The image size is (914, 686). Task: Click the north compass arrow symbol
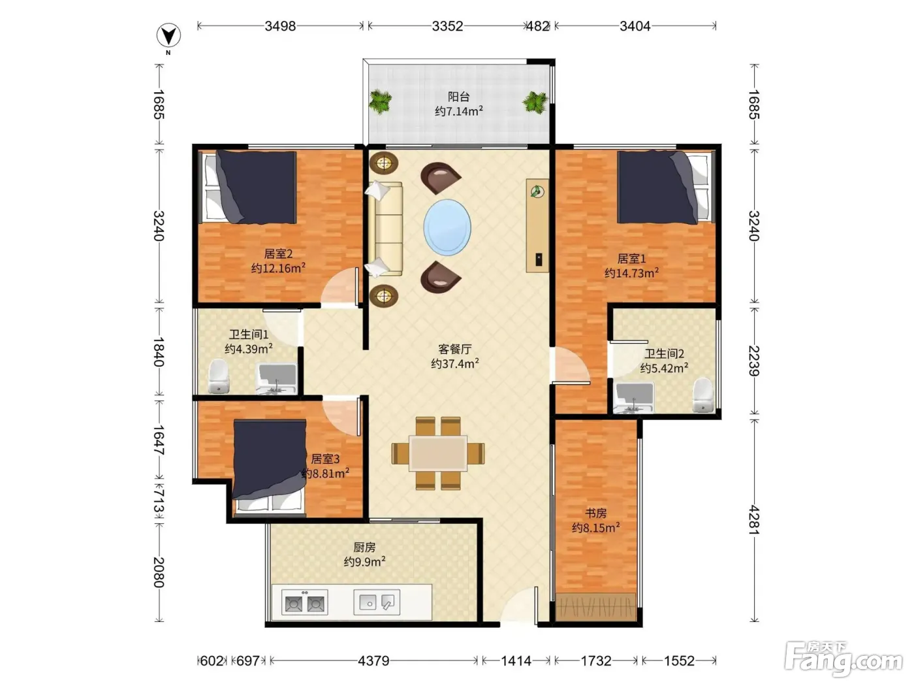[168, 35]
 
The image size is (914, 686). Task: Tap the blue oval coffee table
[447, 227]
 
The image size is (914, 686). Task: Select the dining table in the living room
[437, 453]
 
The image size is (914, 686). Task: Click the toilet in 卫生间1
[219, 376]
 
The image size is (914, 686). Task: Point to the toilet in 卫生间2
[703, 395]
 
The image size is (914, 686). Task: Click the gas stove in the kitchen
[304, 602]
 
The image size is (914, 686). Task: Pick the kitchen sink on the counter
[377, 602]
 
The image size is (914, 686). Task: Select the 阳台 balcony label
[458, 97]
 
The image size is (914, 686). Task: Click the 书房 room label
[596, 513]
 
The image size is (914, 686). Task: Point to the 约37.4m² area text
[454, 363]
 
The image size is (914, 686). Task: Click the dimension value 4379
[373, 661]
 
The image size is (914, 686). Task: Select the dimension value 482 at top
[537, 26]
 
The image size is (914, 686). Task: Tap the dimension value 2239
[754, 361]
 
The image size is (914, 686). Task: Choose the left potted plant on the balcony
[380, 102]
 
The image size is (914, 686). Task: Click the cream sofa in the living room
[385, 229]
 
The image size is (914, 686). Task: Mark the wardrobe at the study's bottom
[595, 607]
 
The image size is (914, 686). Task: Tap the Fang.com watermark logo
[843, 659]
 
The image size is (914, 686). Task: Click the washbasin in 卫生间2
[634, 397]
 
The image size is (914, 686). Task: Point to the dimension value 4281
[754, 519]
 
